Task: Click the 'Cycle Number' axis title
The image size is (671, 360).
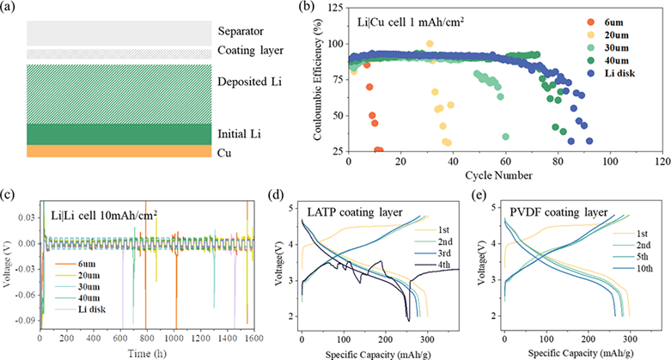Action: pyautogui.click(x=506, y=176)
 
